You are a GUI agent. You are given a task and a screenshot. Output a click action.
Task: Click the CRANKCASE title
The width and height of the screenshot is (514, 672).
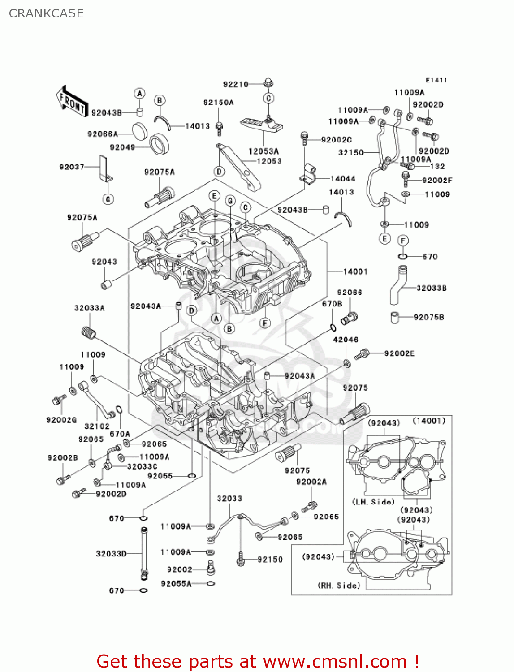(46, 13)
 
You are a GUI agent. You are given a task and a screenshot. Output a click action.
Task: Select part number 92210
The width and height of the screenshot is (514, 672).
(236, 84)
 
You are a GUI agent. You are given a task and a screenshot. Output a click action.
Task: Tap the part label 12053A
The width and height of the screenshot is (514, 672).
(263, 151)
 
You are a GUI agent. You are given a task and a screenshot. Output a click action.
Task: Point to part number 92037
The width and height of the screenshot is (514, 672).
(72, 167)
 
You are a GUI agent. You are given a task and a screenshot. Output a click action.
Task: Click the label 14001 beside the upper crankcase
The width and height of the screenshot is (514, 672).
(355, 271)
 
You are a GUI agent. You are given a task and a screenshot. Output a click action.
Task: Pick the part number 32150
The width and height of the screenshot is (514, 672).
(351, 153)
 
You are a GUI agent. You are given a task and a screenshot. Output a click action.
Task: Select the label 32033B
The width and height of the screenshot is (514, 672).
(431, 288)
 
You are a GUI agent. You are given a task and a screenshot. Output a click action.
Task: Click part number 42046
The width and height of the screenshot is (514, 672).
(346, 340)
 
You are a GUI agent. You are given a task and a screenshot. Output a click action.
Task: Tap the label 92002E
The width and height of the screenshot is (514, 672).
(399, 353)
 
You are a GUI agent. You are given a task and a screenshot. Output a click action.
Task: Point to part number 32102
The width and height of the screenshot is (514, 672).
(97, 426)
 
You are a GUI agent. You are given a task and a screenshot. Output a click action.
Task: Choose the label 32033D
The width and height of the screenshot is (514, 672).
(111, 554)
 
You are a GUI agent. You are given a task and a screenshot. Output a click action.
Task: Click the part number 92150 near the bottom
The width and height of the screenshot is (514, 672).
(270, 560)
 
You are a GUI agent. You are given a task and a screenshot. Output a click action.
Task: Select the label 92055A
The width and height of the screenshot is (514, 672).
(176, 584)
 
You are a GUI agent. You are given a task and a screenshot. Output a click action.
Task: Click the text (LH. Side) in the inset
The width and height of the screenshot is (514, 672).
(373, 502)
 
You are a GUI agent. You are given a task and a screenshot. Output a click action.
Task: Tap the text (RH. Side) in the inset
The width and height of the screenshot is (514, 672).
(339, 586)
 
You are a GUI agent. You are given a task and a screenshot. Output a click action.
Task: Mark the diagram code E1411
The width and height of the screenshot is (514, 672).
(436, 80)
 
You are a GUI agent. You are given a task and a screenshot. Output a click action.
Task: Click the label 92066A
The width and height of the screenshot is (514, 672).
(103, 134)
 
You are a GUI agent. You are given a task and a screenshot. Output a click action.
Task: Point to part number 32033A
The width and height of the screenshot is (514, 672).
(90, 308)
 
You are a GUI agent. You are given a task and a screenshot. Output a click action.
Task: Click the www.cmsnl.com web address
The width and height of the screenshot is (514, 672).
(334, 662)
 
